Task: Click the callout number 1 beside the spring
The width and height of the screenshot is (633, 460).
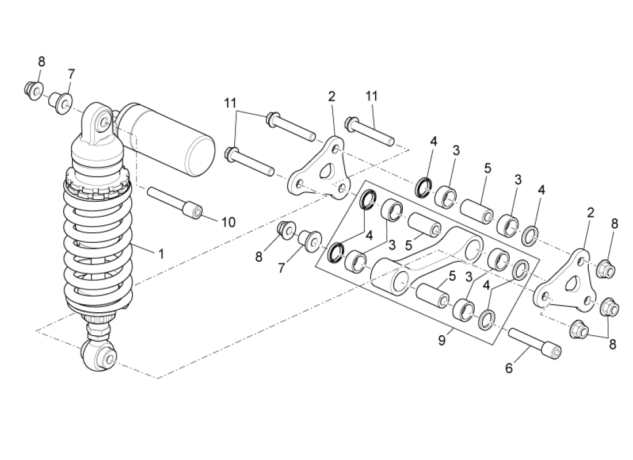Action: pos(161,254)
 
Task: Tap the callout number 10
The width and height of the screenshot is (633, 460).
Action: pos(228,222)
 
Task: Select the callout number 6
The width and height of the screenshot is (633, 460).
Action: pos(508,369)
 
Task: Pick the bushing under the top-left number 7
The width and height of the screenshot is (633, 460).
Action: pos(62,102)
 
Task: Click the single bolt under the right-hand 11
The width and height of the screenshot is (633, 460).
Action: pos(369,132)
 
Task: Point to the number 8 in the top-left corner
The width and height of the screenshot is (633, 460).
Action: pos(41,62)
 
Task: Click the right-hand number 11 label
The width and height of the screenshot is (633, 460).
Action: pos(372,96)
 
